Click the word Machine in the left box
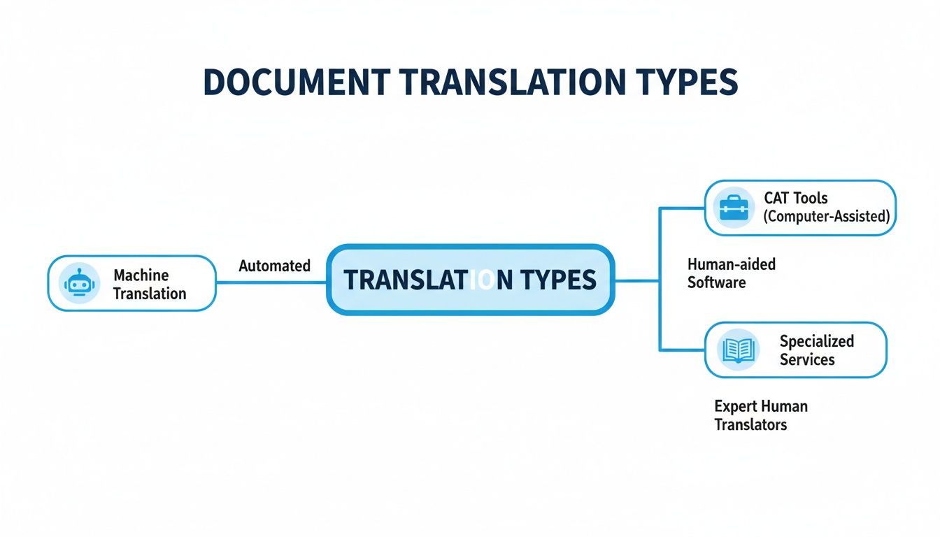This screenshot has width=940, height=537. click(x=141, y=275)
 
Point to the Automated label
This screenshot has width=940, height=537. click(x=274, y=266)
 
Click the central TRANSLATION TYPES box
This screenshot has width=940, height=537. click(x=470, y=280)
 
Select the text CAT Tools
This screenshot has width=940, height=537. click(x=796, y=198)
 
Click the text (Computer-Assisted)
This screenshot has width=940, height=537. click(x=826, y=216)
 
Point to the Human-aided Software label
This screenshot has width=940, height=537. click(x=731, y=273)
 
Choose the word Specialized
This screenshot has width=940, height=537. click(x=816, y=341)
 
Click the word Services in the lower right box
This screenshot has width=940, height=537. click(x=807, y=359)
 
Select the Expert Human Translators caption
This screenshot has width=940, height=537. click(x=760, y=415)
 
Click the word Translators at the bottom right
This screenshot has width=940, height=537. click(x=750, y=424)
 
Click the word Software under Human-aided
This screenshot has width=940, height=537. click(x=716, y=282)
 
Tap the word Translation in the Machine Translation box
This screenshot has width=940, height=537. click(x=150, y=293)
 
